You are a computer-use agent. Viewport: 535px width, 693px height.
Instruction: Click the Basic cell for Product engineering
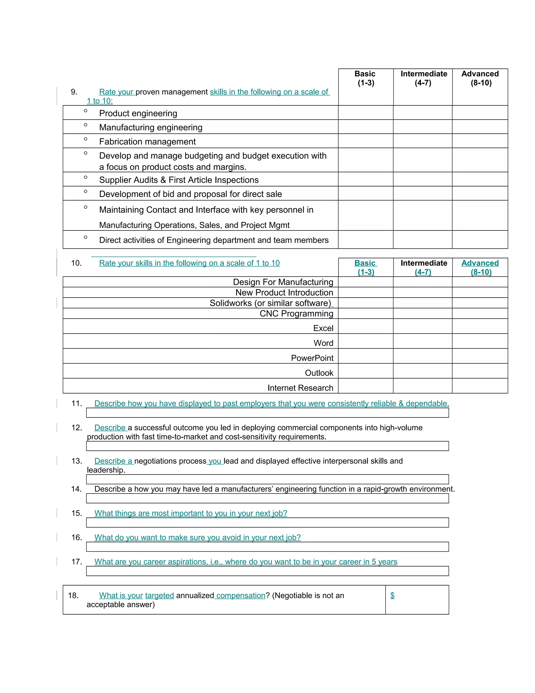click(x=366, y=113)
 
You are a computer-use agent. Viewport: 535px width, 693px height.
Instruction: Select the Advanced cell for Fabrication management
click(x=480, y=141)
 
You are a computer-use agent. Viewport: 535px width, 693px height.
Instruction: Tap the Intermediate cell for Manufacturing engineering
click(x=422, y=127)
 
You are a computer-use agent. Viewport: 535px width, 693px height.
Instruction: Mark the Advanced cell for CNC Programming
click(x=480, y=314)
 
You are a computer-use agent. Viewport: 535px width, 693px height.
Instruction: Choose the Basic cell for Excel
click(x=366, y=326)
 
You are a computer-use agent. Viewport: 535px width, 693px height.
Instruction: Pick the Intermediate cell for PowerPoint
click(x=422, y=356)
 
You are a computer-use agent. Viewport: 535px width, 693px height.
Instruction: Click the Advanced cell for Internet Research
click(x=480, y=386)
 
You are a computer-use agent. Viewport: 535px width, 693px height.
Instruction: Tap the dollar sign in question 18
click(x=392, y=595)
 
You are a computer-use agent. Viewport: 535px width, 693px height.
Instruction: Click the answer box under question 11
click(x=267, y=413)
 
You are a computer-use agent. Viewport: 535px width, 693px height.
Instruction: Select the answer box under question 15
click(x=267, y=522)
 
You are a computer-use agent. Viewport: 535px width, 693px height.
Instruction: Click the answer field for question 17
click(x=267, y=571)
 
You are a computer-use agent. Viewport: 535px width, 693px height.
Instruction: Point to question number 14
click(x=76, y=489)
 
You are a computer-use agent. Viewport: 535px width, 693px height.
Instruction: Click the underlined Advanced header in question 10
click(x=480, y=263)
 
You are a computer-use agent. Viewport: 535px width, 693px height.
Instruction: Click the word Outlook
click(x=319, y=373)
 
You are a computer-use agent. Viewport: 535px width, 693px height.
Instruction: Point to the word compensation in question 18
click(x=241, y=595)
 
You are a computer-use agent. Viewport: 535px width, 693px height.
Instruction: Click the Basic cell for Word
click(x=366, y=341)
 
